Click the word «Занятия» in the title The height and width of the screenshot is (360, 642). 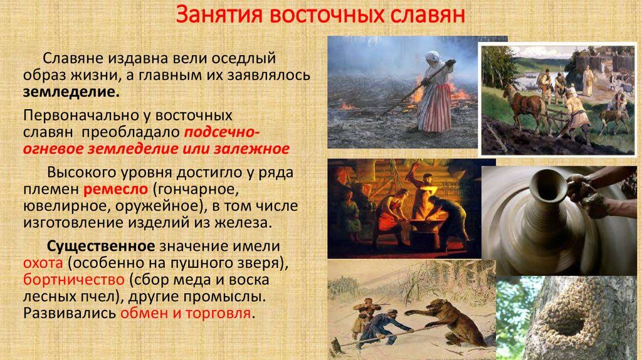pyautogui.click(x=219, y=15)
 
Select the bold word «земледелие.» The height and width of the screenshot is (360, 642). pyautogui.click(x=71, y=92)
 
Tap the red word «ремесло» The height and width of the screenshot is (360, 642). pyautogui.click(x=115, y=189)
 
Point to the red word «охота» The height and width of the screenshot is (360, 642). pyautogui.click(x=43, y=263)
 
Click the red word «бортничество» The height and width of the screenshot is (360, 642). pyautogui.click(x=74, y=280)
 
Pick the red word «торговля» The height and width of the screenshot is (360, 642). pyautogui.click(x=218, y=314)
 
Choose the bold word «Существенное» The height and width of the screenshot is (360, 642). pyautogui.click(x=101, y=246)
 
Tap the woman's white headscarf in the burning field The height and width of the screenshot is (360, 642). pyautogui.click(x=433, y=57)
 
